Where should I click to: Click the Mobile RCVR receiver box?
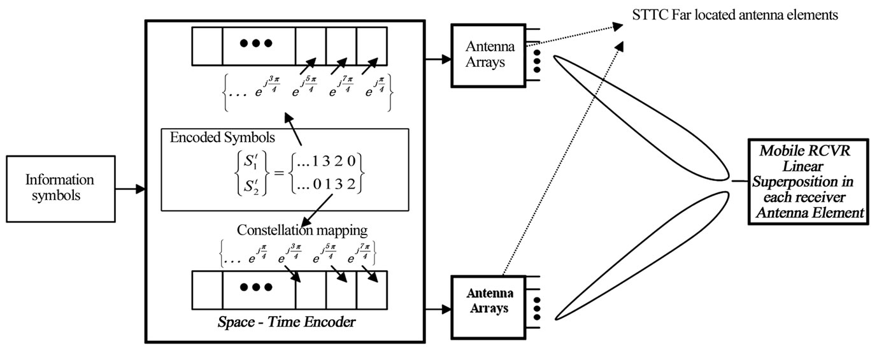[x=808, y=181]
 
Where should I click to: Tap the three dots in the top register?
[x=259, y=43]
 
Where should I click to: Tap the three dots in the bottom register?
[x=259, y=287]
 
